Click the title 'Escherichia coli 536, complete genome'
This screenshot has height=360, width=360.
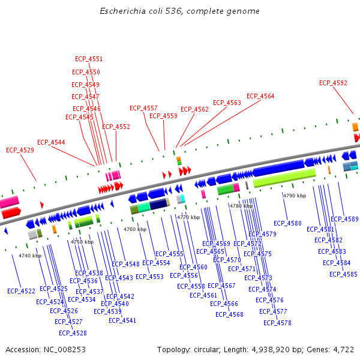(179, 11)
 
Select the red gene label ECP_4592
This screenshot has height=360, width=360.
(333, 83)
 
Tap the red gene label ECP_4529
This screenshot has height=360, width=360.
(20, 150)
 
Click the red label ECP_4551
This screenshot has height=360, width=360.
(89, 59)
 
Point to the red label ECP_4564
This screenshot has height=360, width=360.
(260, 97)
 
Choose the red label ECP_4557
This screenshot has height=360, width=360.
(144, 109)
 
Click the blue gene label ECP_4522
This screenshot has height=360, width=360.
(22, 291)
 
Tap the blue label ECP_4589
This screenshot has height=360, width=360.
(344, 220)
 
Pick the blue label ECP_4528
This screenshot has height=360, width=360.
(73, 333)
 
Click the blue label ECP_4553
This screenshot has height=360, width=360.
(149, 277)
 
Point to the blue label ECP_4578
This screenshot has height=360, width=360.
(277, 323)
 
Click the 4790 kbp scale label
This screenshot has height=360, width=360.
(295, 196)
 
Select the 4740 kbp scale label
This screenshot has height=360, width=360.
(30, 256)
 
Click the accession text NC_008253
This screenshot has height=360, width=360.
(46, 349)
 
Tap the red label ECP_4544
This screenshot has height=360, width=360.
(51, 143)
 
